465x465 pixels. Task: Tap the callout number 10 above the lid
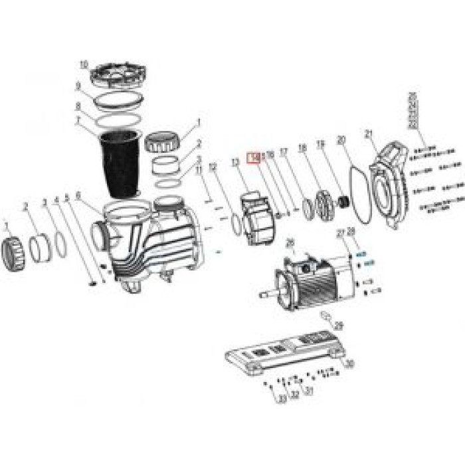point(84,64)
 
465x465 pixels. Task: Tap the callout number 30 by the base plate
point(351,363)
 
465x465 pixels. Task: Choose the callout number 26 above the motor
point(289,243)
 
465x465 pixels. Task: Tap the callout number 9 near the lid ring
point(78,86)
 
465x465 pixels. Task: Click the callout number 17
point(284,152)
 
